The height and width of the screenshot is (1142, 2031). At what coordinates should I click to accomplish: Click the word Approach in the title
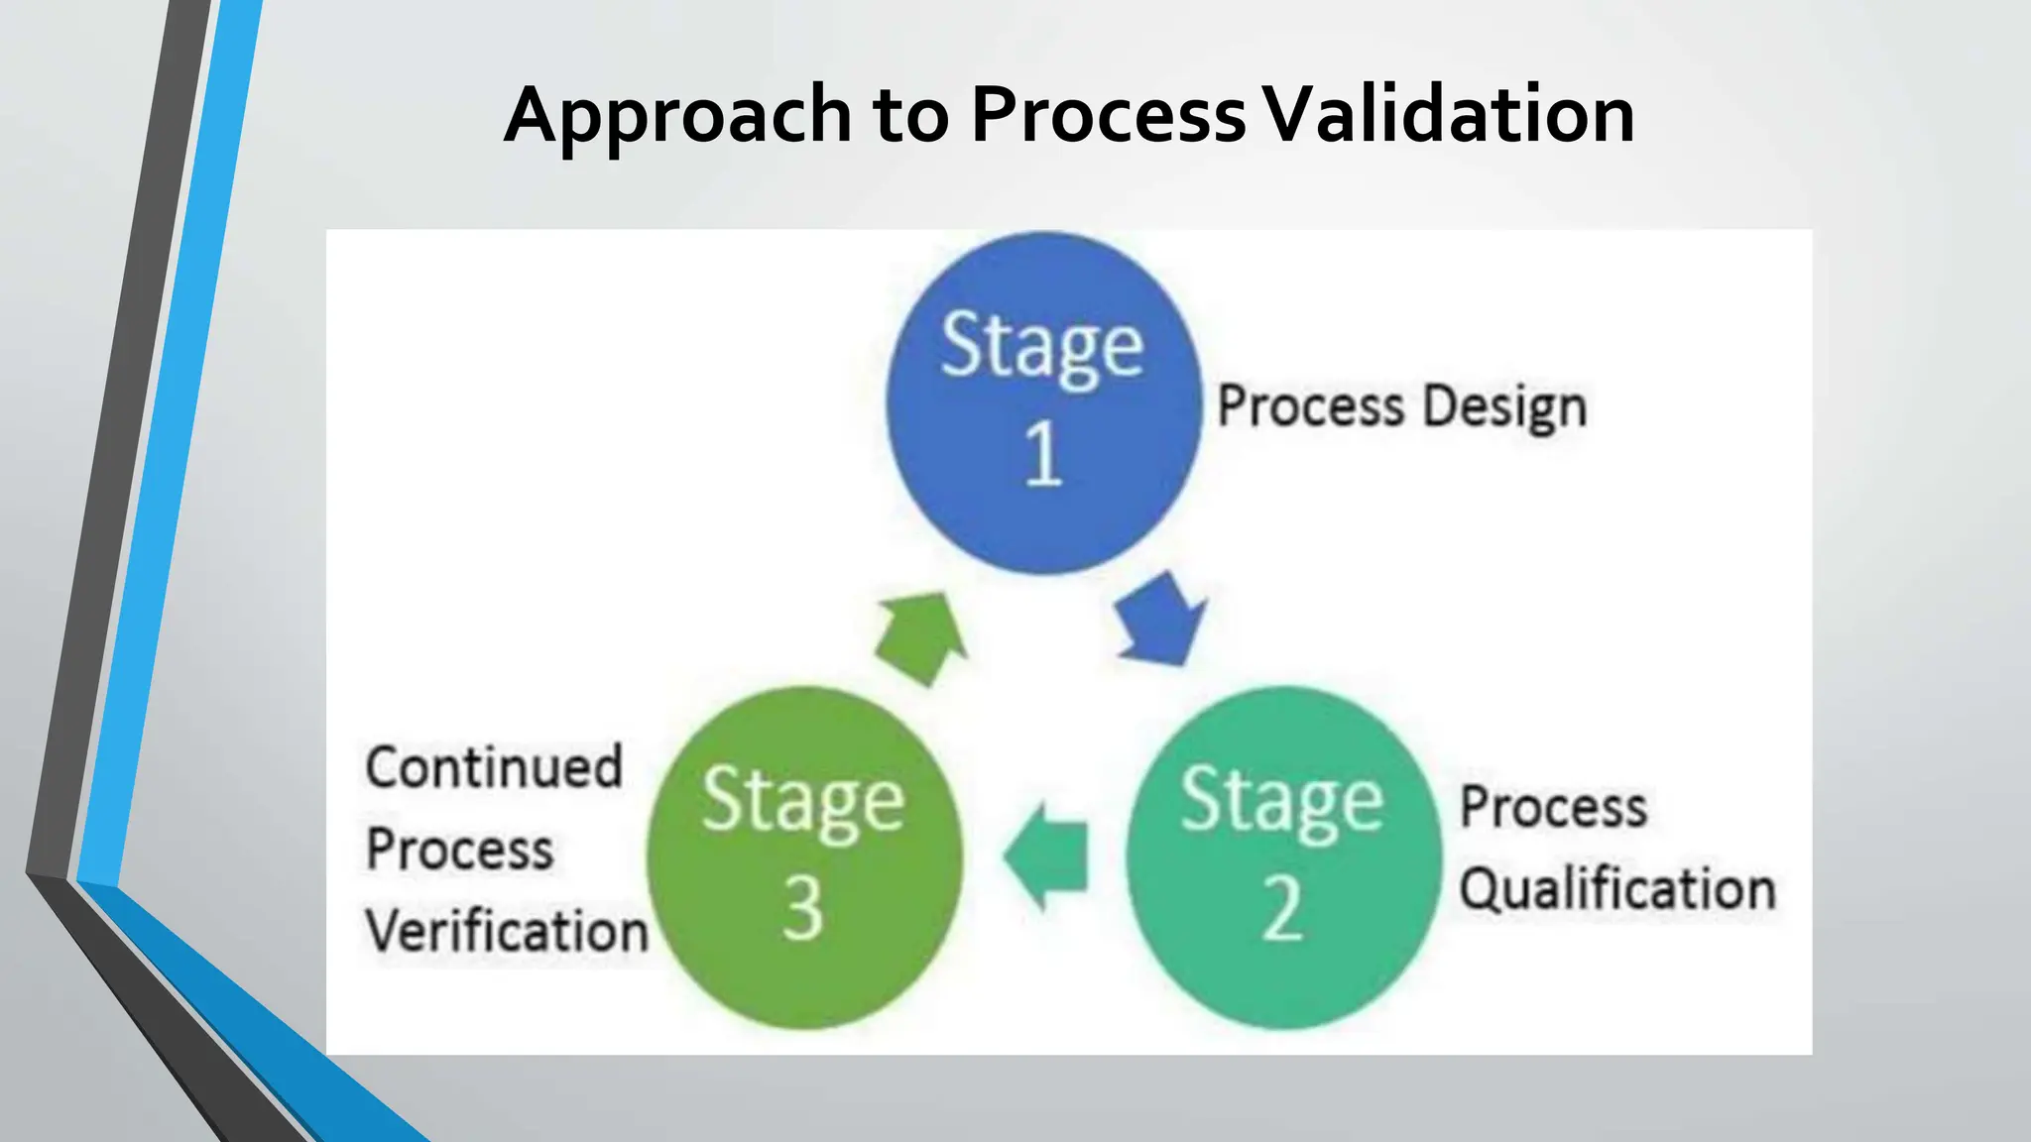677,117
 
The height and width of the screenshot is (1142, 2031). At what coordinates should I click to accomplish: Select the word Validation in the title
1451,115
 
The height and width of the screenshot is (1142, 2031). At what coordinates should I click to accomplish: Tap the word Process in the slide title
1108,115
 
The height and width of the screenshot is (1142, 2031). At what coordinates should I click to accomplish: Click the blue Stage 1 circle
1043,402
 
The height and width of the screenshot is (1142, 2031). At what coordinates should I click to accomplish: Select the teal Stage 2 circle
1282,857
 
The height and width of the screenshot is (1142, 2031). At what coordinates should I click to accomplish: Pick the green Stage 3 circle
803,857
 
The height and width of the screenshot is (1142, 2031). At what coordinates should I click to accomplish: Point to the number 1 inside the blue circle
1043,454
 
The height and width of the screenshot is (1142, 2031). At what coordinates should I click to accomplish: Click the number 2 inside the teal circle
1282,908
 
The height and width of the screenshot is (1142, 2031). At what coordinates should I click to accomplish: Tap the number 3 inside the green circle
803,908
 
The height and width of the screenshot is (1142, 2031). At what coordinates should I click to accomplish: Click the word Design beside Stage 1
1505,407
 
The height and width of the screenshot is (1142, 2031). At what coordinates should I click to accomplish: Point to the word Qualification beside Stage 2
1617,889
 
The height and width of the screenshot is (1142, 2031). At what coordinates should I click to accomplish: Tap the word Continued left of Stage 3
494,767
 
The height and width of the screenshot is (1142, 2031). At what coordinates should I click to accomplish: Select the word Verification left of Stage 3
507,932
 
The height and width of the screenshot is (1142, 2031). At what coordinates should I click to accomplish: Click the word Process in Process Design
1311,406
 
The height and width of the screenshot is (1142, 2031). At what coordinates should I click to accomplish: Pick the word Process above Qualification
1553,807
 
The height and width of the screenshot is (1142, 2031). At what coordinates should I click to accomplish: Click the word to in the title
910,117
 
